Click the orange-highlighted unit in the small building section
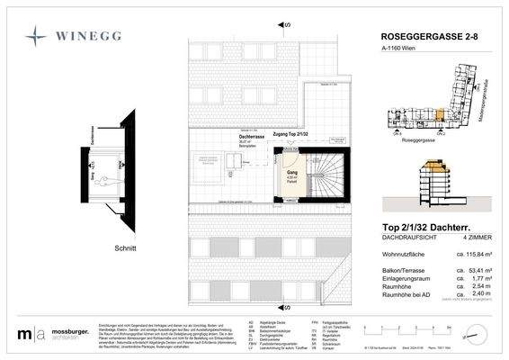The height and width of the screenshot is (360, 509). point(437,167)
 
